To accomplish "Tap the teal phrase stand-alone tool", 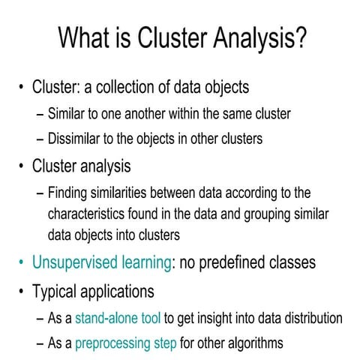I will pyautogui.click(x=118, y=317).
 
